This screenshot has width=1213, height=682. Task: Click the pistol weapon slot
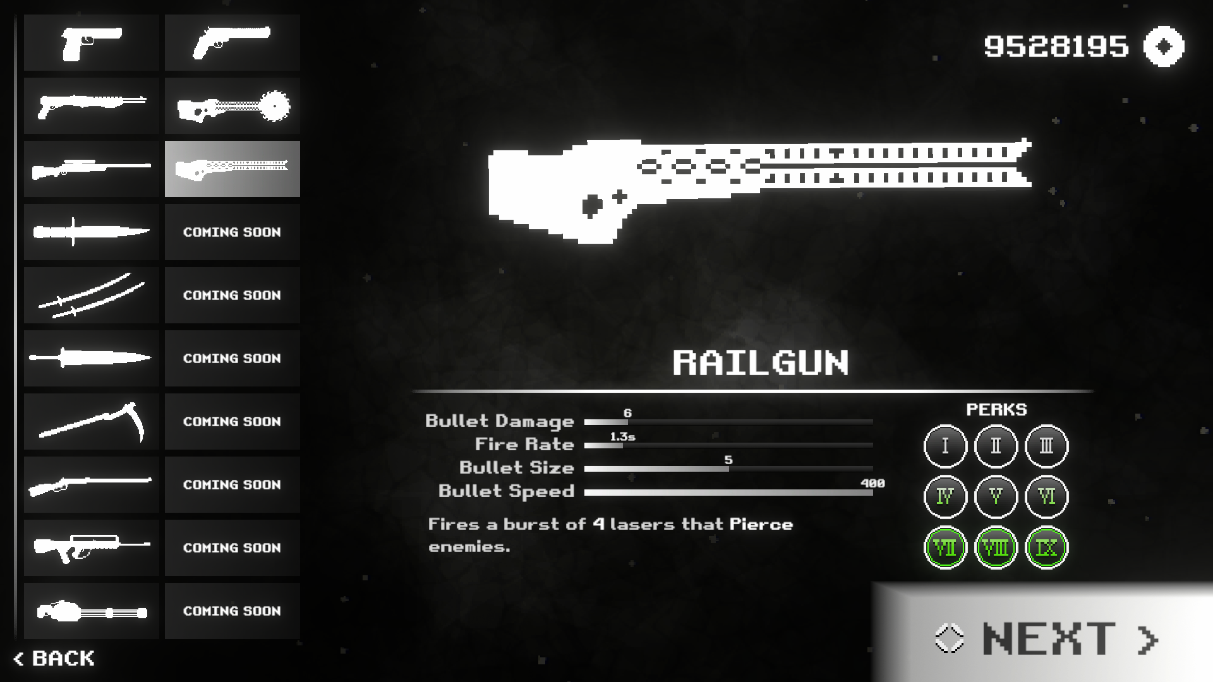pyautogui.click(x=92, y=42)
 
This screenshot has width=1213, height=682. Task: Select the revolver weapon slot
pyautogui.click(x=232, y=42)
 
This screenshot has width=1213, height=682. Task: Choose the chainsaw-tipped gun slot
pyautogui.click(x=232, y=105)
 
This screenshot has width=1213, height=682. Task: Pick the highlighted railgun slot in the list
pyautogui.click(x=232, y=169)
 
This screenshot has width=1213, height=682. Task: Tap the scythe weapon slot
pyautogui.click(x=92, y=421)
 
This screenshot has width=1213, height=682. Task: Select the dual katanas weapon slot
pyautogui.click(x=92, y=295)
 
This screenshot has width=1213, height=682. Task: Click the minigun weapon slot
pyautogui.click(x=92, y=611)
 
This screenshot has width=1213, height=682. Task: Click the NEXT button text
pyautogui.click(x=1049, y=638)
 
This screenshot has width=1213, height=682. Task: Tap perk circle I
pyautogui.click(x=945, y=446)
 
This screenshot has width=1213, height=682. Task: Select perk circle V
pyautogui.click(x=996, y=497)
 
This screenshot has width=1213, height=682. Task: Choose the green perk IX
pyautogui.click(x=1046, y=547)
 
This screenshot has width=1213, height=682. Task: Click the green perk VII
pyautogui.click(x=945, y=547)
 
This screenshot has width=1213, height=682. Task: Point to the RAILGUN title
pyautogui.click(x=761, y=363)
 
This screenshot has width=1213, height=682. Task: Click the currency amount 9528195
pyautogui.click(x=1056, y=46)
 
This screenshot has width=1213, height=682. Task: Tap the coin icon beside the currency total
pyautogui.click(x=1164, y=46)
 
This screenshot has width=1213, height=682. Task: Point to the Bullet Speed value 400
pyautogui.click(x=872, y=483)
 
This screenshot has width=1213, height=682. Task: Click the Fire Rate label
pyautogui.click(x=524, y=445)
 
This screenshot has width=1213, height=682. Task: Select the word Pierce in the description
pyautogui.click(x=761, y=525)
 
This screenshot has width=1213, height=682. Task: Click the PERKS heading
pyautogui.click(x=996, y=410)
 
